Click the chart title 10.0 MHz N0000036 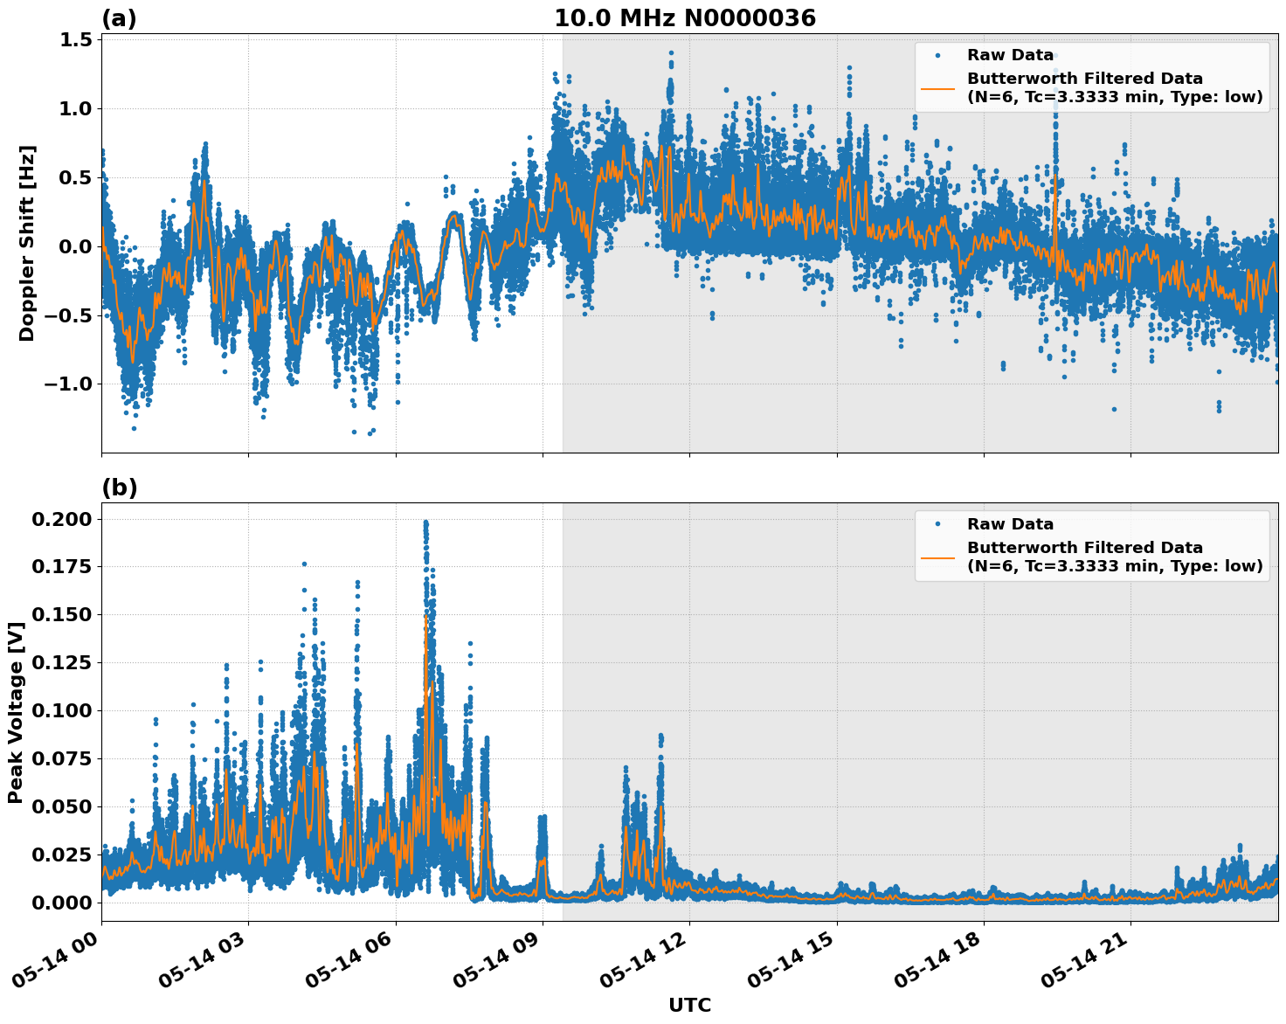(684, 18)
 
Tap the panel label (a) (119, 18)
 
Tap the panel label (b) (119, 488)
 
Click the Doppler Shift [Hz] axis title (27, 243)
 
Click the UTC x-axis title (689, 1005)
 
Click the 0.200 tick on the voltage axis (61, 519)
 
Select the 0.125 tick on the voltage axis (61, 663)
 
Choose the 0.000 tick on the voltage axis (61, 903)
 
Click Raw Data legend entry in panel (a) (1010, 56)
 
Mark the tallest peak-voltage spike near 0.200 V (425, 522)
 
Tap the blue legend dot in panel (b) (937, 524)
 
